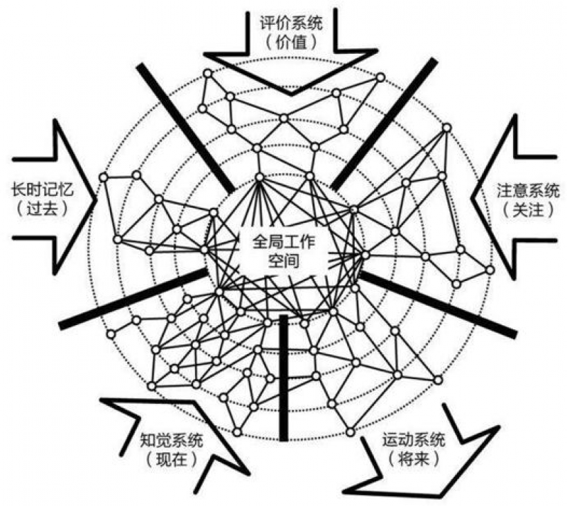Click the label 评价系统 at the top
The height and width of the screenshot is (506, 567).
click(x=291, y=23)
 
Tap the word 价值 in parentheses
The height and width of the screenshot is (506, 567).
click(x=291, y=43)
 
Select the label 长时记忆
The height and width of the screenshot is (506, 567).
click(x=43, y=189)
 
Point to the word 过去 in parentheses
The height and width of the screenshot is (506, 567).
click(x=43, y=208)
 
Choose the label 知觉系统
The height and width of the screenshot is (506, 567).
click(x=171, y=440)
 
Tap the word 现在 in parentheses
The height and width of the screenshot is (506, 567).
click(x=171, y=460)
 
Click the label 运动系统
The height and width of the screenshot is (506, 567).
click(x=414, y=440)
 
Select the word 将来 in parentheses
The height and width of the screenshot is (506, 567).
click(x=414, y=460)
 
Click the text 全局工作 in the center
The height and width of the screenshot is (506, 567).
click(x=283, y=242)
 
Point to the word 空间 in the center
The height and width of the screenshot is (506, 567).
click(x=283, y=260)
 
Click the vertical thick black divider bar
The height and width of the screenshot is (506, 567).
click(x=284, y=378)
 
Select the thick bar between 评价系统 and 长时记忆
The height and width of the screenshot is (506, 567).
click(x=185, y=128)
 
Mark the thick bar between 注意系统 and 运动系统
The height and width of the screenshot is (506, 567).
click(x=438, y=305)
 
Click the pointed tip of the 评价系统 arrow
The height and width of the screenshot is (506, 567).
click(x=292, y=95)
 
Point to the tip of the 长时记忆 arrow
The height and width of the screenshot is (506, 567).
click(x=97, y=199)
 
